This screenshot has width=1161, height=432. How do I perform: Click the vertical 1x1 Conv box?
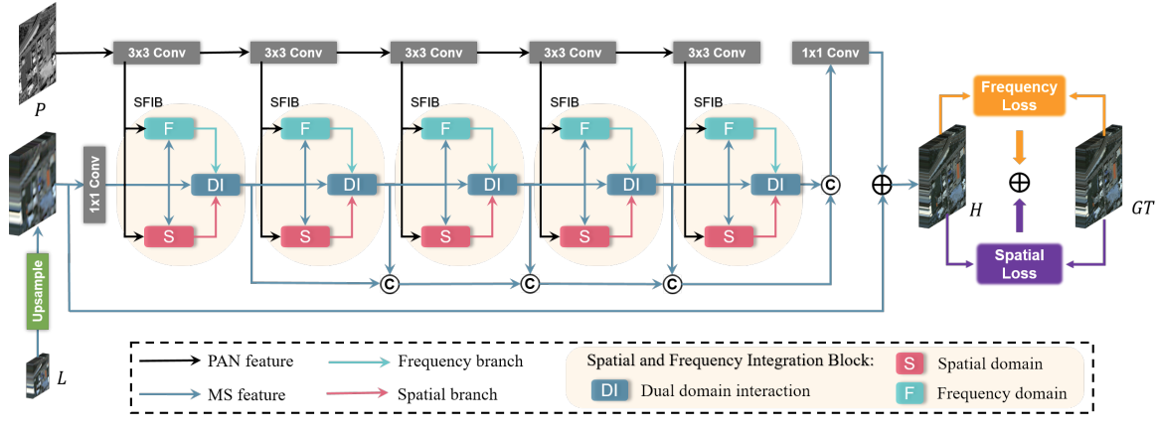pos(95,184)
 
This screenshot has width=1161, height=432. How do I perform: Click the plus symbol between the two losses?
pos(1019,182)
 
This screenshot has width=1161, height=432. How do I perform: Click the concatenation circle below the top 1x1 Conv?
pos(830,184)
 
